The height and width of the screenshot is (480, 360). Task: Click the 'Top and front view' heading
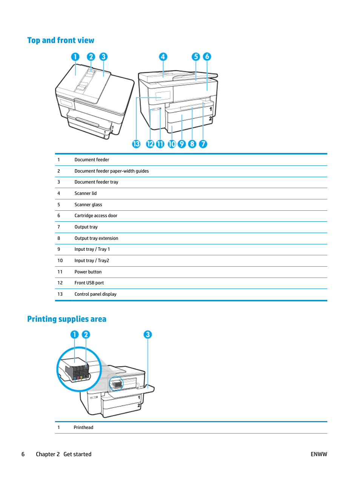click(61, 40)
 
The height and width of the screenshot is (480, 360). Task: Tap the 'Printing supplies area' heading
click(67, 319)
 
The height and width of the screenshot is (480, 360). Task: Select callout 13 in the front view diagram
click(136, 144)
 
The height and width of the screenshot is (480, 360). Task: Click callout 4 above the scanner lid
click(163, 57)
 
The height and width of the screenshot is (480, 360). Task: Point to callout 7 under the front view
click(203, 144)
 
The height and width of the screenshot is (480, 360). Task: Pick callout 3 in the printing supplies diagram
click(148, 335)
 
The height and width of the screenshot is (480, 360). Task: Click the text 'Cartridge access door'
click(96, 216)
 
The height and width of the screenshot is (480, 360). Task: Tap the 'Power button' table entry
click(88, 272)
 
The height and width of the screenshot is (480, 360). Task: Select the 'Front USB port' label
click(89, 283)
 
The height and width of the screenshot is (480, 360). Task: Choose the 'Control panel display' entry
click(95, 294)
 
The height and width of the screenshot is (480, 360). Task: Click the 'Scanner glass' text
click(88, 205)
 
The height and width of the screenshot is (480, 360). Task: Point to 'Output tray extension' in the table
click(96, 238)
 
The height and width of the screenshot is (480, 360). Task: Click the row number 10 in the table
click(60, 261)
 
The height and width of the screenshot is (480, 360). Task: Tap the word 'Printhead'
click(83, 428)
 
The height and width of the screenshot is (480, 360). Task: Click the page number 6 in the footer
click(23, 454)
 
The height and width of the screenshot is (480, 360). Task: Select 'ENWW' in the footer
click(319, 454)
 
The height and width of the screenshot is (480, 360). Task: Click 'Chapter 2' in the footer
click(48, 454)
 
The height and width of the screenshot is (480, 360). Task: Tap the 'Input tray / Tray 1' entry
click(92, 249)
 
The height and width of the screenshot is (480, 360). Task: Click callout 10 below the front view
click(172, 144)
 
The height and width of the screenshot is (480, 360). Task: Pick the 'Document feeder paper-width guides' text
click(112, 171)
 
